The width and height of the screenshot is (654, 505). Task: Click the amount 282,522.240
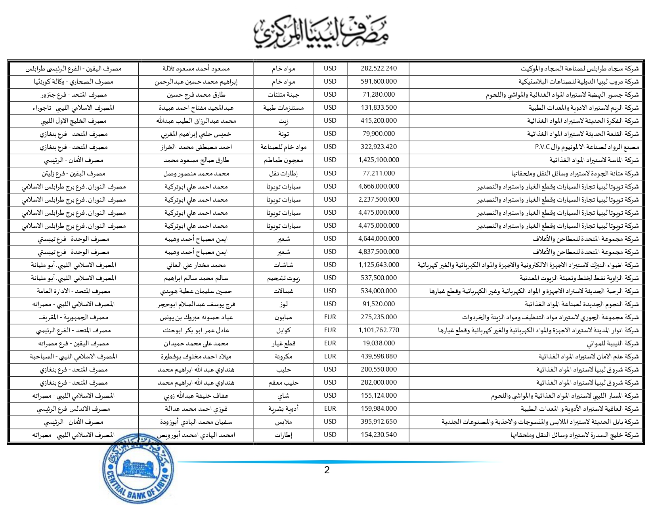tap(378, 68)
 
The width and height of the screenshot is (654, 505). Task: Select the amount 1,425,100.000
tap(378, 160)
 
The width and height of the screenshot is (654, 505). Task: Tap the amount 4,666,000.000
tap(378, 186)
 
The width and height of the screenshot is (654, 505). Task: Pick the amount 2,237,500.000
tap(378, 199)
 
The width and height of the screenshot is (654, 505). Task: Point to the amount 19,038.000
tap(378, 343)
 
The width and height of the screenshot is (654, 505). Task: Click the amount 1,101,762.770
tap(378, 330)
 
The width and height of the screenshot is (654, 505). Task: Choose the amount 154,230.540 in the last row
tap(378, 434)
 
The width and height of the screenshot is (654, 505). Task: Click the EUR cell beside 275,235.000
tap(330, 317)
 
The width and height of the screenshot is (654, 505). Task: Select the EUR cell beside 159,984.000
tap(330, 408)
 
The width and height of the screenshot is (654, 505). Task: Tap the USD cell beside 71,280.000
tap(330, 94)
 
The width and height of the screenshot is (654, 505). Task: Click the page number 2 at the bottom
tap(327, 470)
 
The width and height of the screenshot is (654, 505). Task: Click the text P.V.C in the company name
tap(542, 147)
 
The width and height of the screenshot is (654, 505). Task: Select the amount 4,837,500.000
tap(378, 252)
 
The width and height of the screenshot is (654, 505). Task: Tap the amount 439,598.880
tap(378, 356)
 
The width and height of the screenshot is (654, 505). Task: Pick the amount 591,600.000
tap(378, 81)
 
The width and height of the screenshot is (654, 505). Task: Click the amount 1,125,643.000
tap(378, 265)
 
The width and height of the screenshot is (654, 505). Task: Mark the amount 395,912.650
tap(378, 421)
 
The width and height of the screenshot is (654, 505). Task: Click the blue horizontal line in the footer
tap(341, 462)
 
